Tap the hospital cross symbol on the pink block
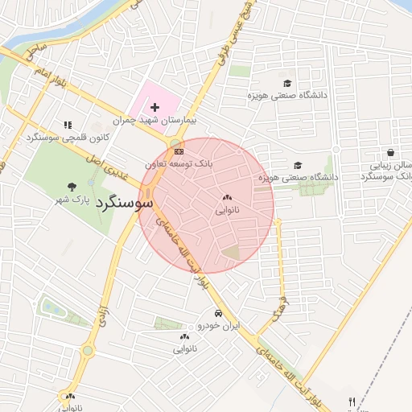154,107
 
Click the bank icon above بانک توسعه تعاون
178,150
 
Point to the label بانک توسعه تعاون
179,163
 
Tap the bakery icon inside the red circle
227,197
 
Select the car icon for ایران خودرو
218,313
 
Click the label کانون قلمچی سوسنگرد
67,138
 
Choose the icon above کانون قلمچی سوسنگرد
68,125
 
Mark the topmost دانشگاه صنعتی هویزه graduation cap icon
287,83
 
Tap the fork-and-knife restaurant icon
352,401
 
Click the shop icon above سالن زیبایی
390,152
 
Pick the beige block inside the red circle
232,252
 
